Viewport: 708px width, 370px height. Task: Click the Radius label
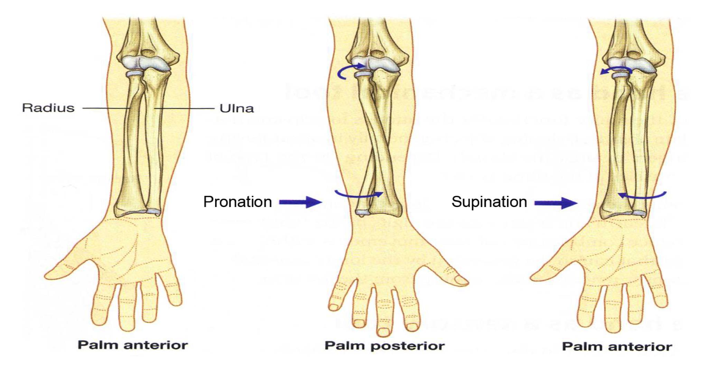click(x=48, y=108)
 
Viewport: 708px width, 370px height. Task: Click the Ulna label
click(x=237, y=108)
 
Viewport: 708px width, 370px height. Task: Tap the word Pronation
click(x=237, y=202)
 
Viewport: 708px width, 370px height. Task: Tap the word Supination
click(x=489, y=202)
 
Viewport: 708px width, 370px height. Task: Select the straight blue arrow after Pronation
click(x=300, y=202)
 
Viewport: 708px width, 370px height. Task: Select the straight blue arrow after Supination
click(x=556, y=203)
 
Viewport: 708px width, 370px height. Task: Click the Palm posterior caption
click(x=384, y=346)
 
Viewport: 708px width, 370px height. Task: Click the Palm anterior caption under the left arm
click(x=133, y=345)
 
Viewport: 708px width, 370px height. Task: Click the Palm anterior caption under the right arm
click(x=617, y=346)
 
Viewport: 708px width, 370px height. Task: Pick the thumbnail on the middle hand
click(x=460, y=280)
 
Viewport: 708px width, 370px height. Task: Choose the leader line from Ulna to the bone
click(x=184, y=108)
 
